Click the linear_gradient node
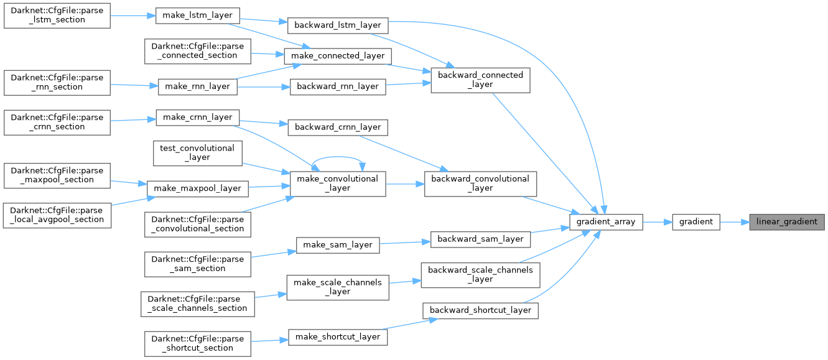(787, 222)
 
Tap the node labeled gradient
(695, 222)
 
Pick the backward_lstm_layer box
(338, 25)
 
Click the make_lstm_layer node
(197, 15)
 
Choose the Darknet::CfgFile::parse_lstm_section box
(57, 15)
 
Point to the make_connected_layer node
(338, 55)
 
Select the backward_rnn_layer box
(338, 86)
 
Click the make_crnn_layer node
(197, 117)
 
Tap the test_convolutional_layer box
(197, 153)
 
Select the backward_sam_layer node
(481, 239)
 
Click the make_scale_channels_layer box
(337, 287)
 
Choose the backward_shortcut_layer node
(480, 310)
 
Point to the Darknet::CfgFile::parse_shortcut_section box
(197, 343)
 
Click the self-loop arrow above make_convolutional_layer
(338, 159)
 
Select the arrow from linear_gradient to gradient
(734, 222)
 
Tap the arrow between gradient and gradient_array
(657, 222)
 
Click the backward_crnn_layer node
(338, 127)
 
